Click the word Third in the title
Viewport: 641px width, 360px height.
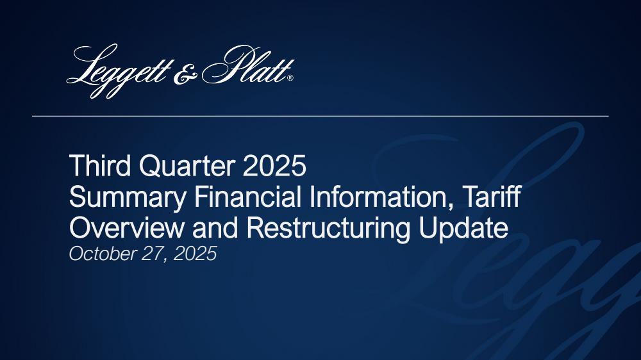100,165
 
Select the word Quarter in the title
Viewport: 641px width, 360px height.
187,165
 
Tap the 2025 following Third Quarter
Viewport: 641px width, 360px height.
274,165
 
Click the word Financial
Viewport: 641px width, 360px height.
248,197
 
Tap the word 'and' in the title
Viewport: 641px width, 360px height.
215,228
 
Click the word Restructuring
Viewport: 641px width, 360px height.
328,229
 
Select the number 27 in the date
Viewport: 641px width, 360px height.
153,254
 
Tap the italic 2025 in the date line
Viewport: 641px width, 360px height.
195,254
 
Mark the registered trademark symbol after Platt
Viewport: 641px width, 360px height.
290,78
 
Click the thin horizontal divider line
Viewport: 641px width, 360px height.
320,116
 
